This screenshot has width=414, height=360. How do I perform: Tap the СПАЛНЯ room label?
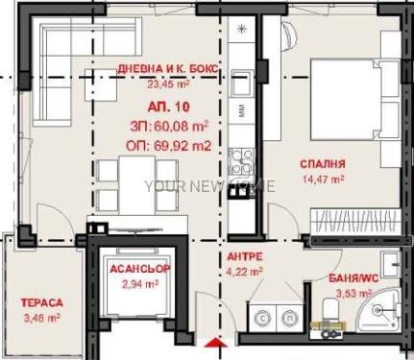click(323, 164)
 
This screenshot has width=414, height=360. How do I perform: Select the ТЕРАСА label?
click(42, 302)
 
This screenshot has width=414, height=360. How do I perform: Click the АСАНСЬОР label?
click(140, 269)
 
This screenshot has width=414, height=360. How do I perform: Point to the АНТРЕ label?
click(245, 256)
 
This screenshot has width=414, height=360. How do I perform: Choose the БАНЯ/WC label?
click(353, 278)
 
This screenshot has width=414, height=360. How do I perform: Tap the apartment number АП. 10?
click(168, 107)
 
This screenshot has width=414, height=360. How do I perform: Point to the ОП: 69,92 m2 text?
click(169, 146)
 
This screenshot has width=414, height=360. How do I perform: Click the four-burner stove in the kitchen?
click(242, 161)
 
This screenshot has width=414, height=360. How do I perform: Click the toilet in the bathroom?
click(329, 309)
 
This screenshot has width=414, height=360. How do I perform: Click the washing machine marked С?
click(263, 318)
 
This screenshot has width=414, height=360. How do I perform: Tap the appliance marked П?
click(290, 318)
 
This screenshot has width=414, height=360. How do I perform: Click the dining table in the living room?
click(136, 185)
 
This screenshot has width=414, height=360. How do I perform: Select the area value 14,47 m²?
click(324, 179)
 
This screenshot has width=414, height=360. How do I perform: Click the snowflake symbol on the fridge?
click(241, 29)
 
